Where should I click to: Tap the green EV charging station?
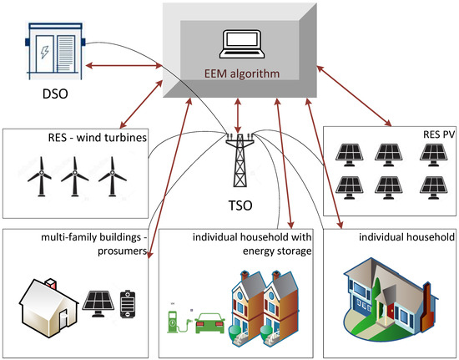[177, 320]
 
